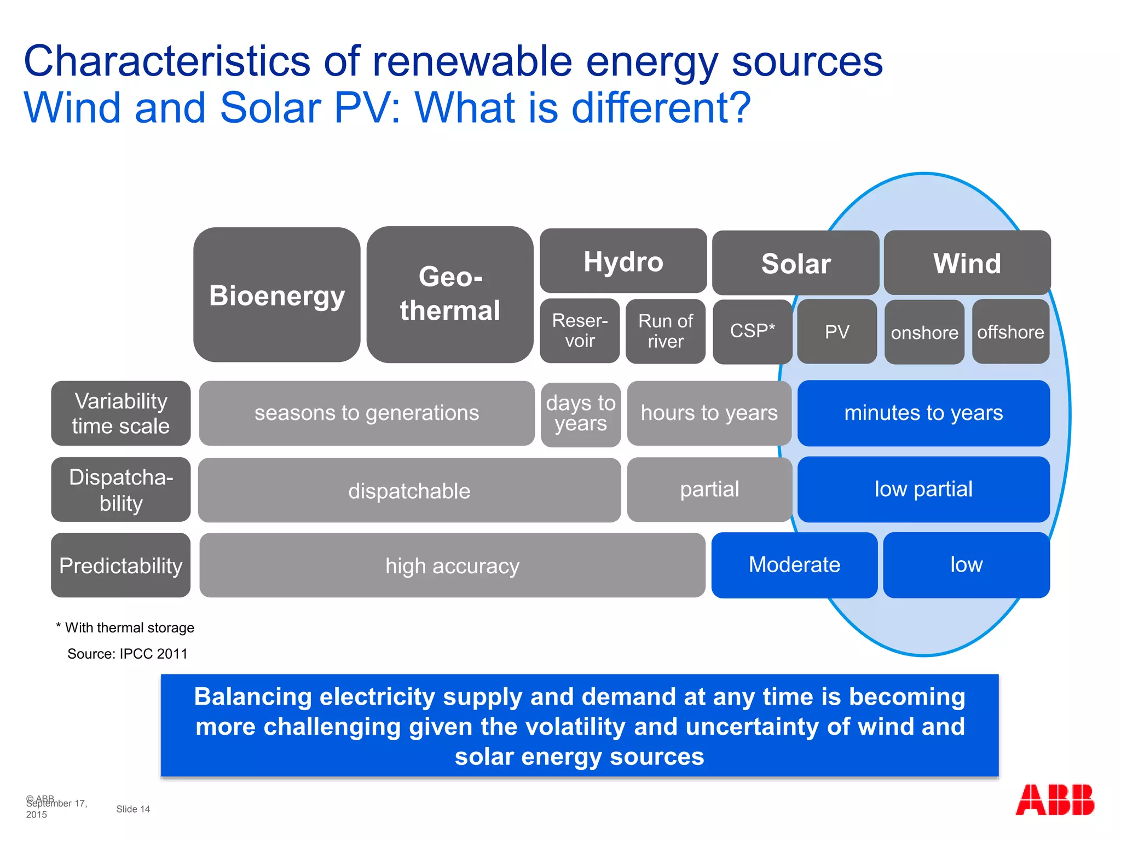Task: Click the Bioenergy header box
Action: pos(276,295)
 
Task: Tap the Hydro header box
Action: pos(623,261)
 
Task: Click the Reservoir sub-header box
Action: pos(580,331)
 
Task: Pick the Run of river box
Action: pos(665,331)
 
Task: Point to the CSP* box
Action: pos(752,331)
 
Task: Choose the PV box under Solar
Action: pos(836,331)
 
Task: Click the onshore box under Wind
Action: pos(924,332)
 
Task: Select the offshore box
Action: pos(1010,331)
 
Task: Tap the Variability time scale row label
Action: pos(120,413)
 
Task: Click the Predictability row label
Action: pos(120,565)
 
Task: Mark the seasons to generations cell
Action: pos(366,413)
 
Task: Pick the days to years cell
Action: pos(580,414)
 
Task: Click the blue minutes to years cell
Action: pos(923,413)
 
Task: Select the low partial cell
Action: pos(923,489)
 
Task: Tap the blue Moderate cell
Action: pos(794,564)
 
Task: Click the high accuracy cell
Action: pos(452,565)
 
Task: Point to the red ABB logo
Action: pos(1054,800)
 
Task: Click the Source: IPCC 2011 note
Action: pos(127,654)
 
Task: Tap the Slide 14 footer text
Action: pos(133,809)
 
